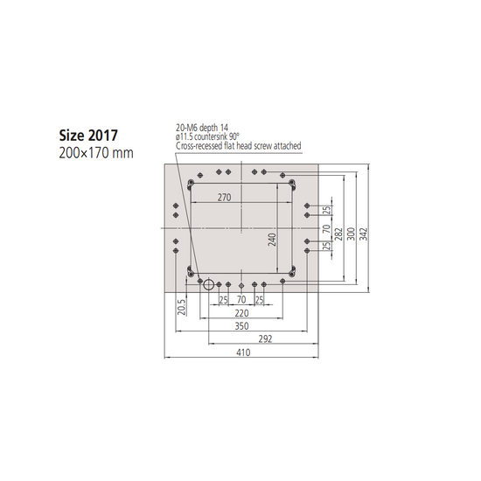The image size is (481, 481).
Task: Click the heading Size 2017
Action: (x=87, y=136)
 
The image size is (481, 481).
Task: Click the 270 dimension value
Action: (x=224, y=198)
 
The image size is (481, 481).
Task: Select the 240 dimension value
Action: (x=271, y=238)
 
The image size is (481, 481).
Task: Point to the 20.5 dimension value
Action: (x=182, y=306)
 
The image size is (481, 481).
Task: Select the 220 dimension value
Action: (x=241, y=312)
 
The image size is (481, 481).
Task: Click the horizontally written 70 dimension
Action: (x=241, y=300)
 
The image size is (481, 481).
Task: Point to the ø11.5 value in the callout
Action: (x=185, y=136)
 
